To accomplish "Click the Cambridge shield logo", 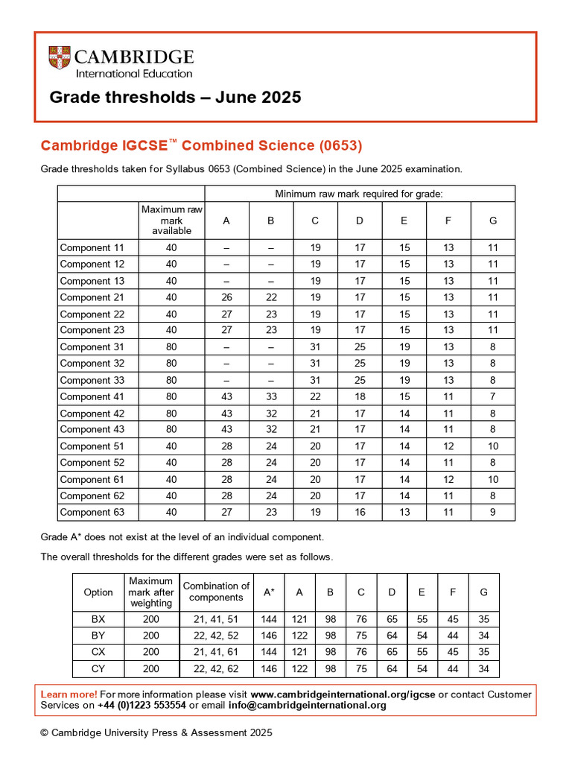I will point(60,58).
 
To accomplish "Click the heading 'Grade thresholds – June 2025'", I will point(175,98).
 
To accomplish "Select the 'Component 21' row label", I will point(92,297).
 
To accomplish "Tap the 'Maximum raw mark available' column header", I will point(171,220).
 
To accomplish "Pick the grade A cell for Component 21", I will point(227,297).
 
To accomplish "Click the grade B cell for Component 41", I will point(271,396).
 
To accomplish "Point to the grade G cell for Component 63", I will point(492,512).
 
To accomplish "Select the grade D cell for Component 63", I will point(360,512).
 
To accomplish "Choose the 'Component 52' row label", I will point(92,463).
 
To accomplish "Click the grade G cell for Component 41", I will point(492,396).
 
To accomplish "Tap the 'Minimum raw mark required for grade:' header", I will point(359,194).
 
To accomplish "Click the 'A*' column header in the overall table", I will point(269,592).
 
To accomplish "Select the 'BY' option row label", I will point(98,636).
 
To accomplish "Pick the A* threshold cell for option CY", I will point(269,668).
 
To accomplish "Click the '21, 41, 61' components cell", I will point(216,652).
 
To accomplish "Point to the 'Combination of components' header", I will point(216,592).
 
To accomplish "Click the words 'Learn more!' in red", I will point(69,694).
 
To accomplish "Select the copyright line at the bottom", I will point(156,732).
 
